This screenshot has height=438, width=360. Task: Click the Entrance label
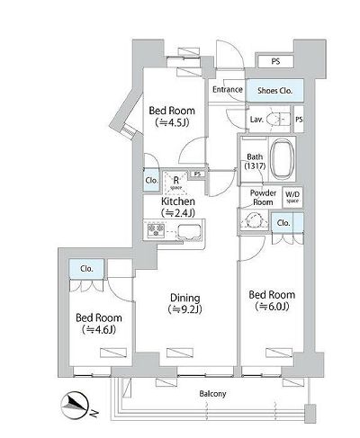click(x=229, y=90)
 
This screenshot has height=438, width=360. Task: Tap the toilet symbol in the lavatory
click(x=278, y=119)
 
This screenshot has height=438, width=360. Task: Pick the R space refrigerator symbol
click(x=175, y=181)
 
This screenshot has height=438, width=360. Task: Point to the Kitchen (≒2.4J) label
click(x=178, y=209)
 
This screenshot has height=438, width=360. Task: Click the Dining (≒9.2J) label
click(x=184, y=303)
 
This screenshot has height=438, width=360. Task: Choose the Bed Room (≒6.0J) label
click(x=271, y=299)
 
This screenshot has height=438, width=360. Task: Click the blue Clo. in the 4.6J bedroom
click(x=88, y=267)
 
